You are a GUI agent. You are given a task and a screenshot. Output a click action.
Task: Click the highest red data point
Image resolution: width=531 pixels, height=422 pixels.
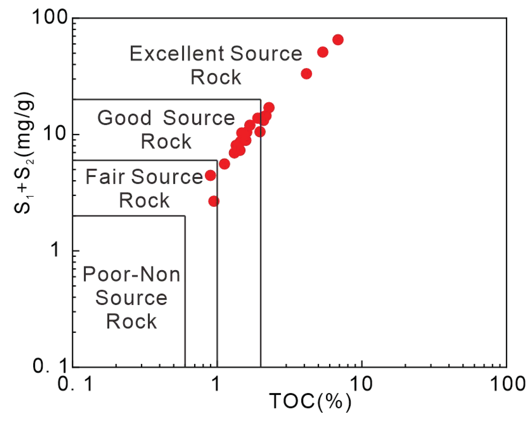tap(338, 40)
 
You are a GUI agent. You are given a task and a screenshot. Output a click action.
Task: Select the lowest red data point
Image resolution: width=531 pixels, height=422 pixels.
tap(214, 201)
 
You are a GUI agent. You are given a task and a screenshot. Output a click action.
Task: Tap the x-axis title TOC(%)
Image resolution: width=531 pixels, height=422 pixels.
tap(310, 402)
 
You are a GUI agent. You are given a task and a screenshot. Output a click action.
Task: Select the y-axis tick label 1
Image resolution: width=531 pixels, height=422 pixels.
tap(56, 250)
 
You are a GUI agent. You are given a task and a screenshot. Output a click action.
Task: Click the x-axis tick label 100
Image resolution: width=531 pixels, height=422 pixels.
tap(507, 384)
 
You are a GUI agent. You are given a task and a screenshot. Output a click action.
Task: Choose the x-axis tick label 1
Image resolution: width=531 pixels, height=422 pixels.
tap(215, 384)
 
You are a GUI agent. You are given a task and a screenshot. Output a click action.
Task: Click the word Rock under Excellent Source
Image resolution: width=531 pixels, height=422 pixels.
tap(216, 77)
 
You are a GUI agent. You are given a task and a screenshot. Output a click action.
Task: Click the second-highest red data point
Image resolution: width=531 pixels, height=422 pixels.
tap(323, 52)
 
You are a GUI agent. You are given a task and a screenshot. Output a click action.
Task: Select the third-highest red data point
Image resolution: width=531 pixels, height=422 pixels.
tap(306, 74)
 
